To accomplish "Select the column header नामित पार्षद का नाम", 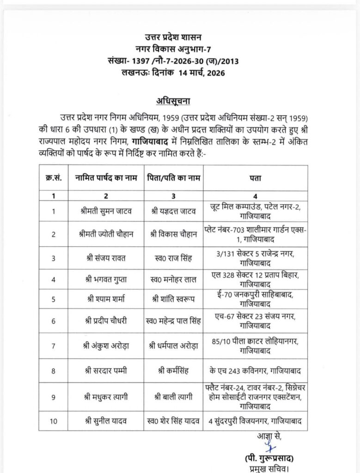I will click(106, 178).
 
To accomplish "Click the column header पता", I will click(256, 178).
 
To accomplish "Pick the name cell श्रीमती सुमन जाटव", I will click(106, 212).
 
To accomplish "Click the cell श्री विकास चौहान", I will click(173, 234).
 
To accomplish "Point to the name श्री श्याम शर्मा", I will click(106, 299).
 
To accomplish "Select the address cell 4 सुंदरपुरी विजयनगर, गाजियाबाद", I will click(256, 420).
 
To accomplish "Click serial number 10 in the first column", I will click(54, 420).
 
